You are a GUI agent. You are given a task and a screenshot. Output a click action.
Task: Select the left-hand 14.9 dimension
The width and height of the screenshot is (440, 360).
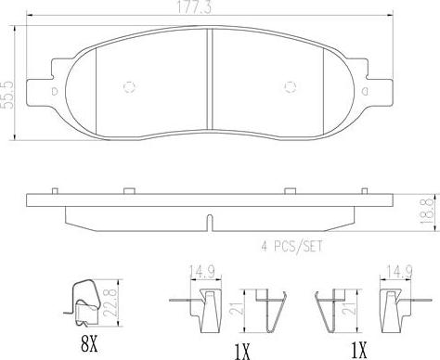click(x=202, y=272)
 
